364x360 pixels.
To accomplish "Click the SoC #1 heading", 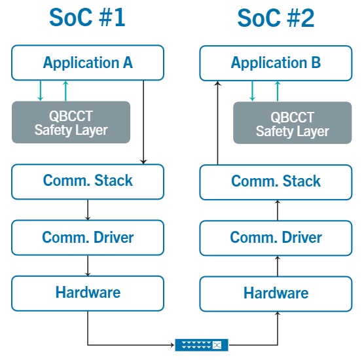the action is coord(87,18).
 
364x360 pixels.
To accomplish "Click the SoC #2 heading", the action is coord(276,18).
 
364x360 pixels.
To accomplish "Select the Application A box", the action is coord(88,63).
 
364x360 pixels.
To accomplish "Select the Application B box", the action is coord(276,63).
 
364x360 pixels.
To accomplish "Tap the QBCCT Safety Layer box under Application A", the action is coord(71,122).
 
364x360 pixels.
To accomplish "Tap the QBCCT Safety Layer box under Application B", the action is coord(292,123).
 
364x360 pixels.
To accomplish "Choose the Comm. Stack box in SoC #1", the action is coord(88,182).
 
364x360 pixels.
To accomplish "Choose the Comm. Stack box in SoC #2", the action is coord(276,182).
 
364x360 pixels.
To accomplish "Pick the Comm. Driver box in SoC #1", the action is coord(88,238).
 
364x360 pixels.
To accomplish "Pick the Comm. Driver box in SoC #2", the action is coord(276,238).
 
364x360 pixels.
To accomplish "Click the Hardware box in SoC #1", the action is coord(88,293).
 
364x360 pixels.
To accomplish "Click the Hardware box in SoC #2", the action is coord(276,294).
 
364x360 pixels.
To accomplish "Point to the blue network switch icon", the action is coord(202,345).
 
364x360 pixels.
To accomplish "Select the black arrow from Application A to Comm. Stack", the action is coord(143,122).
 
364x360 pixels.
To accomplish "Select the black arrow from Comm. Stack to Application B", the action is coord(217,123).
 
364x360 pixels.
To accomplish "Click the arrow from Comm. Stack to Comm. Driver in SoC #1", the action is coord(88,210).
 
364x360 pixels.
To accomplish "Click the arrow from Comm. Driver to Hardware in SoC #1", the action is coord(88,266).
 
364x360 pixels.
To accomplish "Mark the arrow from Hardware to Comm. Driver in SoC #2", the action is coord(278,266).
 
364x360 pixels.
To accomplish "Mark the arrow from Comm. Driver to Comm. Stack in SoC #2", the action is coord(278,210).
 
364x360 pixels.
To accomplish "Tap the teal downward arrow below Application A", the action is coord(41,91).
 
